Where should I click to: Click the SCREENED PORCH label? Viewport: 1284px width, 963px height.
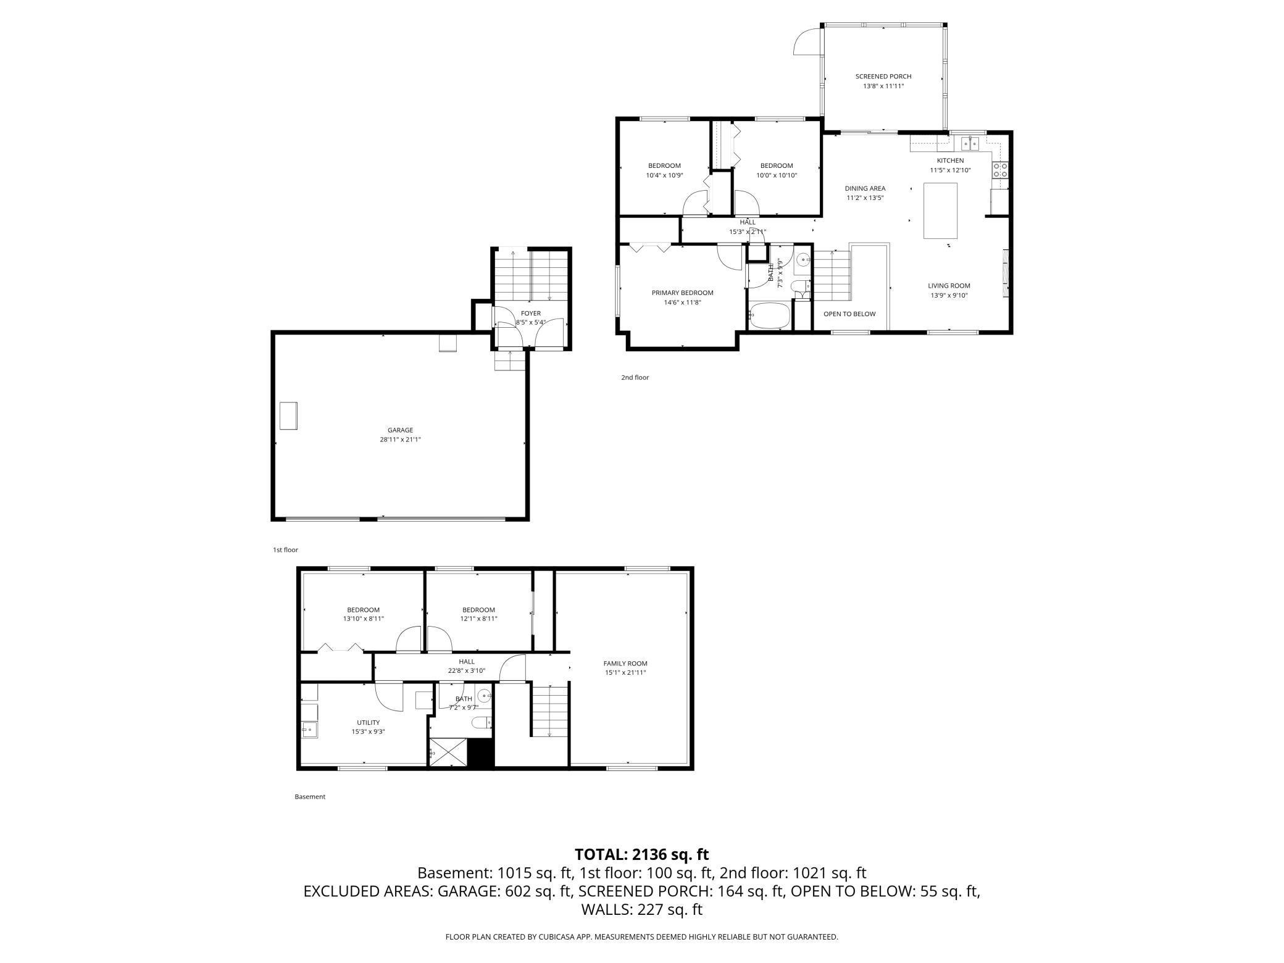coord(883,77)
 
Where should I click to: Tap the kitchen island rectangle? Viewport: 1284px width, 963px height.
coord(940,211)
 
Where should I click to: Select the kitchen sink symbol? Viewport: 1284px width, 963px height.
coord(970,144)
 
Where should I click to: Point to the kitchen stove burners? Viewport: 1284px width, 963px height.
coord(1000,170)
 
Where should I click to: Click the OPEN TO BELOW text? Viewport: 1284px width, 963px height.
coord(849,314)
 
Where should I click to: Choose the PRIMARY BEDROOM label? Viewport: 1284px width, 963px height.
coord(682,293)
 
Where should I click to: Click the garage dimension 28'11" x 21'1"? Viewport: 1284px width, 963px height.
coord(400,440)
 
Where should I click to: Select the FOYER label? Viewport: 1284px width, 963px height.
coord(530,314)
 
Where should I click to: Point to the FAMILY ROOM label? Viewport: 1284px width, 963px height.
coord(625,663)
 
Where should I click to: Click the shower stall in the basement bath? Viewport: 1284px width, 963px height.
coord(448,753)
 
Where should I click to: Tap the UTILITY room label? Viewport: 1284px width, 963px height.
coord(368,722)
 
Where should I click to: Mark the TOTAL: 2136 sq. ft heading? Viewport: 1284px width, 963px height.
coord(641,854)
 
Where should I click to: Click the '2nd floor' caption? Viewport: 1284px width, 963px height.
coord(635,377)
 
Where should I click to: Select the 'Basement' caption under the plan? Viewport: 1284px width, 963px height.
coord(309,796)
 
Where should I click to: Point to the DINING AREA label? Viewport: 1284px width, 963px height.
coord(865,188)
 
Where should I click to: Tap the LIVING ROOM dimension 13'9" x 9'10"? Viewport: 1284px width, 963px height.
coord(949,295)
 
